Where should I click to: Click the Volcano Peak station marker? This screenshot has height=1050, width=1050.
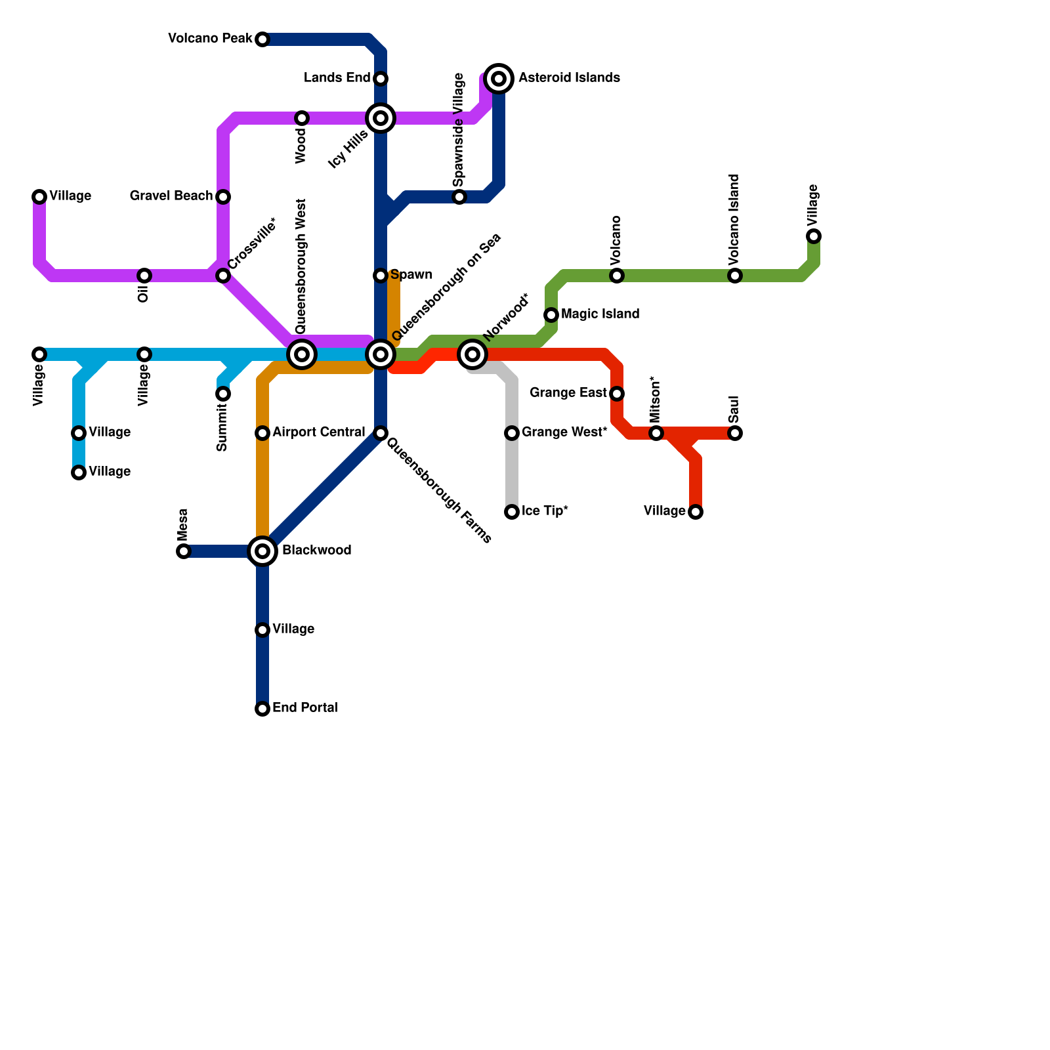pos(262,39)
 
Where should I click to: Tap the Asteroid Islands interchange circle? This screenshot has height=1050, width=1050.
pos(499,79)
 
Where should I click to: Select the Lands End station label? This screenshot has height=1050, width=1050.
pos(337,78)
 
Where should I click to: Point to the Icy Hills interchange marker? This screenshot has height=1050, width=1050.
pos(381,118)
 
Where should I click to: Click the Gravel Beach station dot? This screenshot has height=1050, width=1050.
pos(223,197)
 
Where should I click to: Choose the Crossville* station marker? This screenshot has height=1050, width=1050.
pos(223,276)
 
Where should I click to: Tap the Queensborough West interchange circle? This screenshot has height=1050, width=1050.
pos(302,354)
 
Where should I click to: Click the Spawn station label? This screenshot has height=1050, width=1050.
pos(411,275)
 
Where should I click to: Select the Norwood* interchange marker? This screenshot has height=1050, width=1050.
pos(472,354)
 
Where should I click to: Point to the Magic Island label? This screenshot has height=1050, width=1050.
pos(600,314)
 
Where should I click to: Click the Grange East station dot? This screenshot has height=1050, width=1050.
pos(617,394)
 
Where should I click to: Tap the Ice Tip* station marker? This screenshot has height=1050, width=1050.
pos(512,512)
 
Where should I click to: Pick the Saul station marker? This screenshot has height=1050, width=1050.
pos(735,433)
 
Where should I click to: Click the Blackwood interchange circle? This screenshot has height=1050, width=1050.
pos(262,551)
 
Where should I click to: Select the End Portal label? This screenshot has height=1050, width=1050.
pos(305,708)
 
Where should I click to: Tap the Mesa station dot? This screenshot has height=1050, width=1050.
pos(184,551)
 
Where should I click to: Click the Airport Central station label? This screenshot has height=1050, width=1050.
pos(318,432)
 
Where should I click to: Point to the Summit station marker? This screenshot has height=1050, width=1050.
pos(223,394)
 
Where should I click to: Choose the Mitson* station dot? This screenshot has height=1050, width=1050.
pos(656,433)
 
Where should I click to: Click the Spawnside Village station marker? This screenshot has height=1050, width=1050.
pos(459,197)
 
